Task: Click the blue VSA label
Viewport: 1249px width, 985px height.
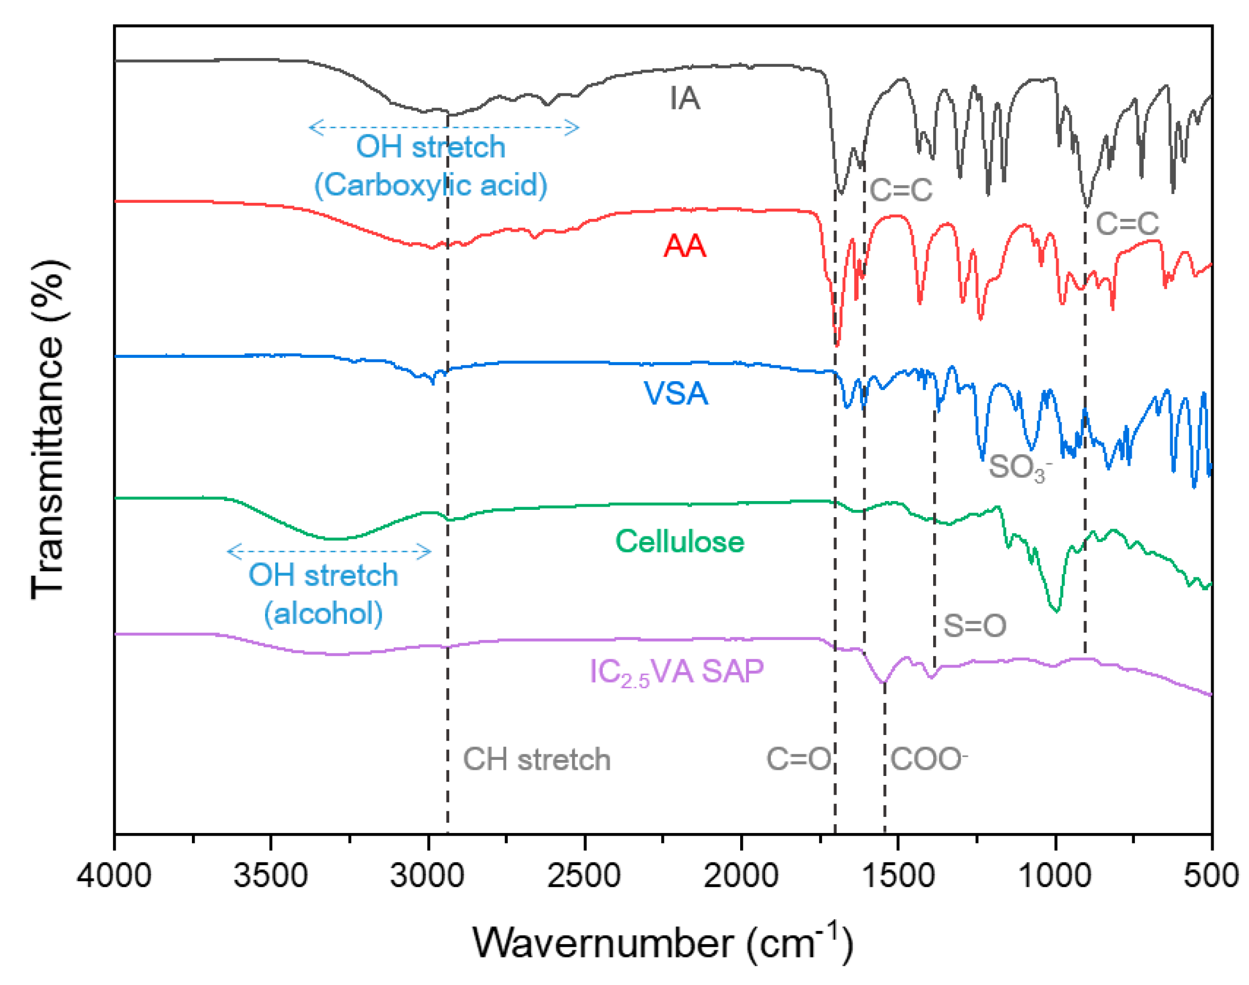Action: pyautogui.click(x=675, y=394)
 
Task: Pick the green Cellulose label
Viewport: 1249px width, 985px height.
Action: pyautogui.click(x=679, y=542)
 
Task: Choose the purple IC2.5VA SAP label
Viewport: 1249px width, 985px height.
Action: pyautogui.click(x=676, y=672)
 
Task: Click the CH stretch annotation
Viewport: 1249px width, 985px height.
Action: pyautogui.click(x=536, y=759)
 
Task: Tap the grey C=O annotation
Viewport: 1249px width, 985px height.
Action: pyautogui.click(x=798, y=759)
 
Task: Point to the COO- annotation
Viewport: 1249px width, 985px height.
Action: pyautogui.click(x=928, y=759)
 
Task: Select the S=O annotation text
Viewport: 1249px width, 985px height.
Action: pyautogui.click(x=974, y=626)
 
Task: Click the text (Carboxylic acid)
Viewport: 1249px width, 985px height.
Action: pyautogui.click(x=430, y=185)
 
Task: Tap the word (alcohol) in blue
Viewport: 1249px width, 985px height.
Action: pyautogui.click(x=323, y=613)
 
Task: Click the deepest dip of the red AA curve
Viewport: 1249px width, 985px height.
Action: pyautogui.click(x=837, y=344)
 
